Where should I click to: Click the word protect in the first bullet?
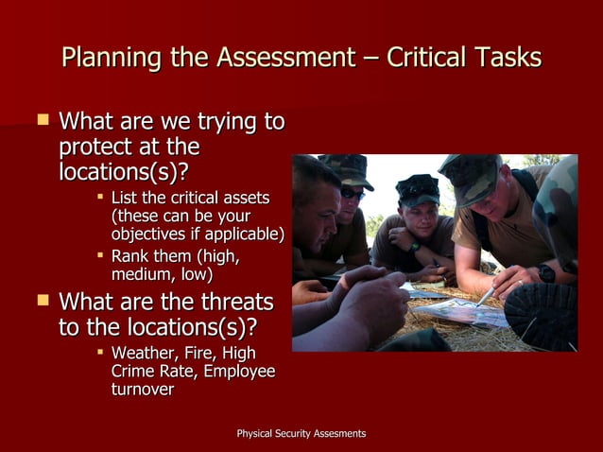click(x=95, y=148)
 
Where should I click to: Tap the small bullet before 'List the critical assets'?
click(x=100, y=198)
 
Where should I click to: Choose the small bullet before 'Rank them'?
click(x=100, y=256)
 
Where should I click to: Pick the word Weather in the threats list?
click(x=143, y=354)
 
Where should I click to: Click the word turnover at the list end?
click(x=142, y=390)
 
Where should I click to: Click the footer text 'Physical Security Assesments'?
click(x=301, y=433)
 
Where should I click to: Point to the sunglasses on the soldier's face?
click(x=352, y=193)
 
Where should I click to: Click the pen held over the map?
click(x=487, y=295)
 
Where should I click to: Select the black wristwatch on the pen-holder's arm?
click(x=546, y=273)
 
